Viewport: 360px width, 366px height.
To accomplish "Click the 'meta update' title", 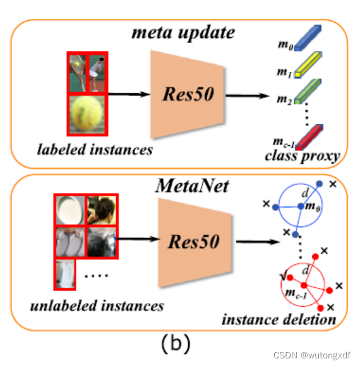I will point(183,32).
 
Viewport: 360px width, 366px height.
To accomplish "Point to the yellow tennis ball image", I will point(87,114).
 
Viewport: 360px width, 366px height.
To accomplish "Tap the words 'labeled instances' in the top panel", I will point(95,150).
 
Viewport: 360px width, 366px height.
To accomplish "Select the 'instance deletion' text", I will point(279,319).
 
